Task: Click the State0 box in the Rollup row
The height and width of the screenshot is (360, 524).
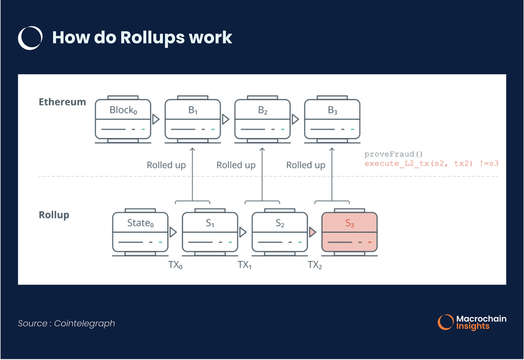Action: click(140, 232)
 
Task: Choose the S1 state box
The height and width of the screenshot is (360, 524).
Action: click(210, 232)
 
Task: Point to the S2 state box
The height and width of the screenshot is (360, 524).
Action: click(280, 232)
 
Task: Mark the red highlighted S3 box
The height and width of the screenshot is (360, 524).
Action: click(350, 232)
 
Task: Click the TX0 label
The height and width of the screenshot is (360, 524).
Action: click(175, 265)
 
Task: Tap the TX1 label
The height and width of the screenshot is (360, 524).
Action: click(245, 265)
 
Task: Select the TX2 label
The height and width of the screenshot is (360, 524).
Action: click(314, 265)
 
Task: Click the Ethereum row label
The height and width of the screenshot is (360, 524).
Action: click(62, 102)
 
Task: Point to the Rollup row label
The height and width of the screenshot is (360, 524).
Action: click(54, 215)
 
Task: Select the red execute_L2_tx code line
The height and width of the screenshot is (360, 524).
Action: click(431, 163)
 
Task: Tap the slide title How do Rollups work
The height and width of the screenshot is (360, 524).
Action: click(142, 38)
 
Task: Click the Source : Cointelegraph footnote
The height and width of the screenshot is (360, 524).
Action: click(67, 323)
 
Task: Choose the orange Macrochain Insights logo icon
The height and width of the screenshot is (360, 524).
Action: click(445, 322)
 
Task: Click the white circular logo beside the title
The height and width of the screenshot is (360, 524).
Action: click(30, 38)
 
